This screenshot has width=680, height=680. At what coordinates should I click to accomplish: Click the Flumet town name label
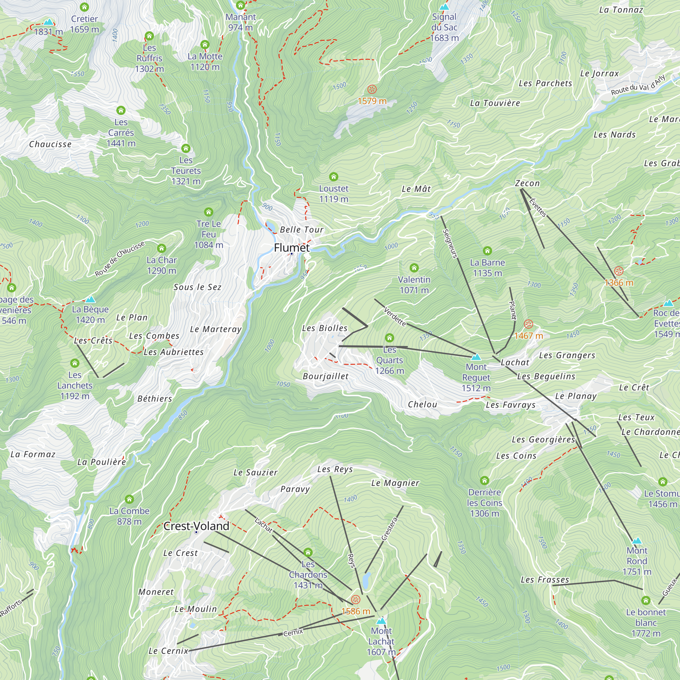(291, 248)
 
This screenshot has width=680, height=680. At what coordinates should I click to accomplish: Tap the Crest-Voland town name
(196, 526)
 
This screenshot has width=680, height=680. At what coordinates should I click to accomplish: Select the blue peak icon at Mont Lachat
(381, 620)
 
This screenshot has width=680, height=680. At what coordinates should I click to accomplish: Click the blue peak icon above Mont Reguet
(476, 357)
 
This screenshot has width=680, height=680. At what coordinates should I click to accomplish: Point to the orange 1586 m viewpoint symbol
(356, 599)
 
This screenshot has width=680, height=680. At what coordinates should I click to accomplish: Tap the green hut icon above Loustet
(333, 176)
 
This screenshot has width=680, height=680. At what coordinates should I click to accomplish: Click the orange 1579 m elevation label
(372, 101)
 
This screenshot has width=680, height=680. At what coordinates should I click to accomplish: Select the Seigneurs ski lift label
(450, 243)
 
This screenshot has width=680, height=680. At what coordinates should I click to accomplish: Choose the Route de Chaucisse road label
(120, 259)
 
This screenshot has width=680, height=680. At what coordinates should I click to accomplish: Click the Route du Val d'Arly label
(638, 85)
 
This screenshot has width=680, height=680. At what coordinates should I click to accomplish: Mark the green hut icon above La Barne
(487, 251)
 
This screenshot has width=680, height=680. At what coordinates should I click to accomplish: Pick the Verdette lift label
(394, 317)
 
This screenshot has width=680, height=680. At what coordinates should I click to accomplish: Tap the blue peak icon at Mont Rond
(637, 541)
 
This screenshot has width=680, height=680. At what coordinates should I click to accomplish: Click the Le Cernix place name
(168, 651)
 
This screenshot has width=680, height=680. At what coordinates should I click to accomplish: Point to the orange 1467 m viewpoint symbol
(528, 324)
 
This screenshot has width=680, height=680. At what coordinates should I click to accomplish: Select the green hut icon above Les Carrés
(121, 110)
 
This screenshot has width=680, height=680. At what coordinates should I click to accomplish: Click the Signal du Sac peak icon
(444, 7)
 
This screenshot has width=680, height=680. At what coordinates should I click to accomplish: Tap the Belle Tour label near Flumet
(301, 230)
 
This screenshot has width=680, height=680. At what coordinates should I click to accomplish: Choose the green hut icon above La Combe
(129, 499)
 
